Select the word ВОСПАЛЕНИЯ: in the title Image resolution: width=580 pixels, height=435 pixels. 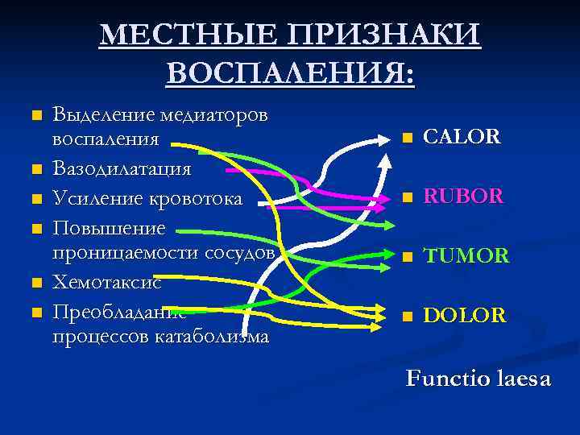[x=291, y=74]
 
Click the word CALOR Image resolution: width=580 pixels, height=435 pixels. [x=462, y=137]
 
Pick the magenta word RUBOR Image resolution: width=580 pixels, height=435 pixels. [x=464, y=196]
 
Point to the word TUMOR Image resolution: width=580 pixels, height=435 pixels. [x=466, y=256]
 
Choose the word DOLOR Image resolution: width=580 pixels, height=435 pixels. [x=465, y=316]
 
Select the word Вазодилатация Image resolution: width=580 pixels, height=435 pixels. [x=122, y=169]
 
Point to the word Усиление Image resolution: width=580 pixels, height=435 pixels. [x=96, y=198]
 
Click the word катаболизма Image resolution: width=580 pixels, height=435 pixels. [x=209, y=336]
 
